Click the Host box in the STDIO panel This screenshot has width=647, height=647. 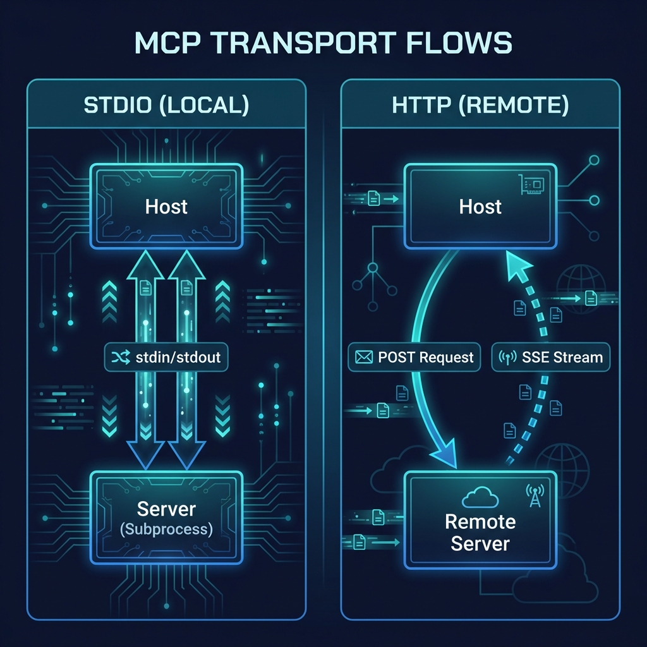point(166,206)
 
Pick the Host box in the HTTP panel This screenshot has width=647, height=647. point(480,206)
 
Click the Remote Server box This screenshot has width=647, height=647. point(480,521)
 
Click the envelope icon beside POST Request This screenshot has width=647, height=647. point(363,358)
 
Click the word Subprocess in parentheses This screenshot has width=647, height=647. point(167,529)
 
